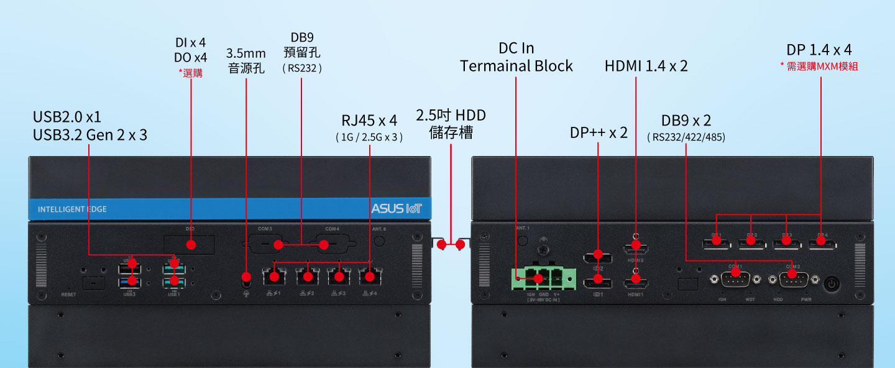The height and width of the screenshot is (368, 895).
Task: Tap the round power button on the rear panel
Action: click(832, 285)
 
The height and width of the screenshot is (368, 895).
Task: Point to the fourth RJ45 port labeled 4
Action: click(370, 276)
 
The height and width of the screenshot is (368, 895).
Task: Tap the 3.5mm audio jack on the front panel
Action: click(247, 277)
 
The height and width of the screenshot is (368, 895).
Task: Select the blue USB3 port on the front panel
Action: click(130, 283)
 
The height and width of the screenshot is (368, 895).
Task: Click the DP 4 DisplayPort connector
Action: click(822, 246)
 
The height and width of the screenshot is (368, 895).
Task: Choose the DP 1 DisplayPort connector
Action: click(717, 246)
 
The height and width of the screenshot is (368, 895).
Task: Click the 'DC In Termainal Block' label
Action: click(516, 57)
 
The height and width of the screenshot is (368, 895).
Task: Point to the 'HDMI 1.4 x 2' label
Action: click(646, 66)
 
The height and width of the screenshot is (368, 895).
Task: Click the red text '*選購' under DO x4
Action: click(190, 73)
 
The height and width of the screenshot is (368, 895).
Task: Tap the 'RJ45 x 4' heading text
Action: click(369, 120)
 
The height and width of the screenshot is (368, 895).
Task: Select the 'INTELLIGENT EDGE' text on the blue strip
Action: click(72, 209)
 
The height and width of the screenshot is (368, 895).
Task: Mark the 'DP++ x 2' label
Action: click(599, 132)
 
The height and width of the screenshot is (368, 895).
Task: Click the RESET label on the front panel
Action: click(68, 294)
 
